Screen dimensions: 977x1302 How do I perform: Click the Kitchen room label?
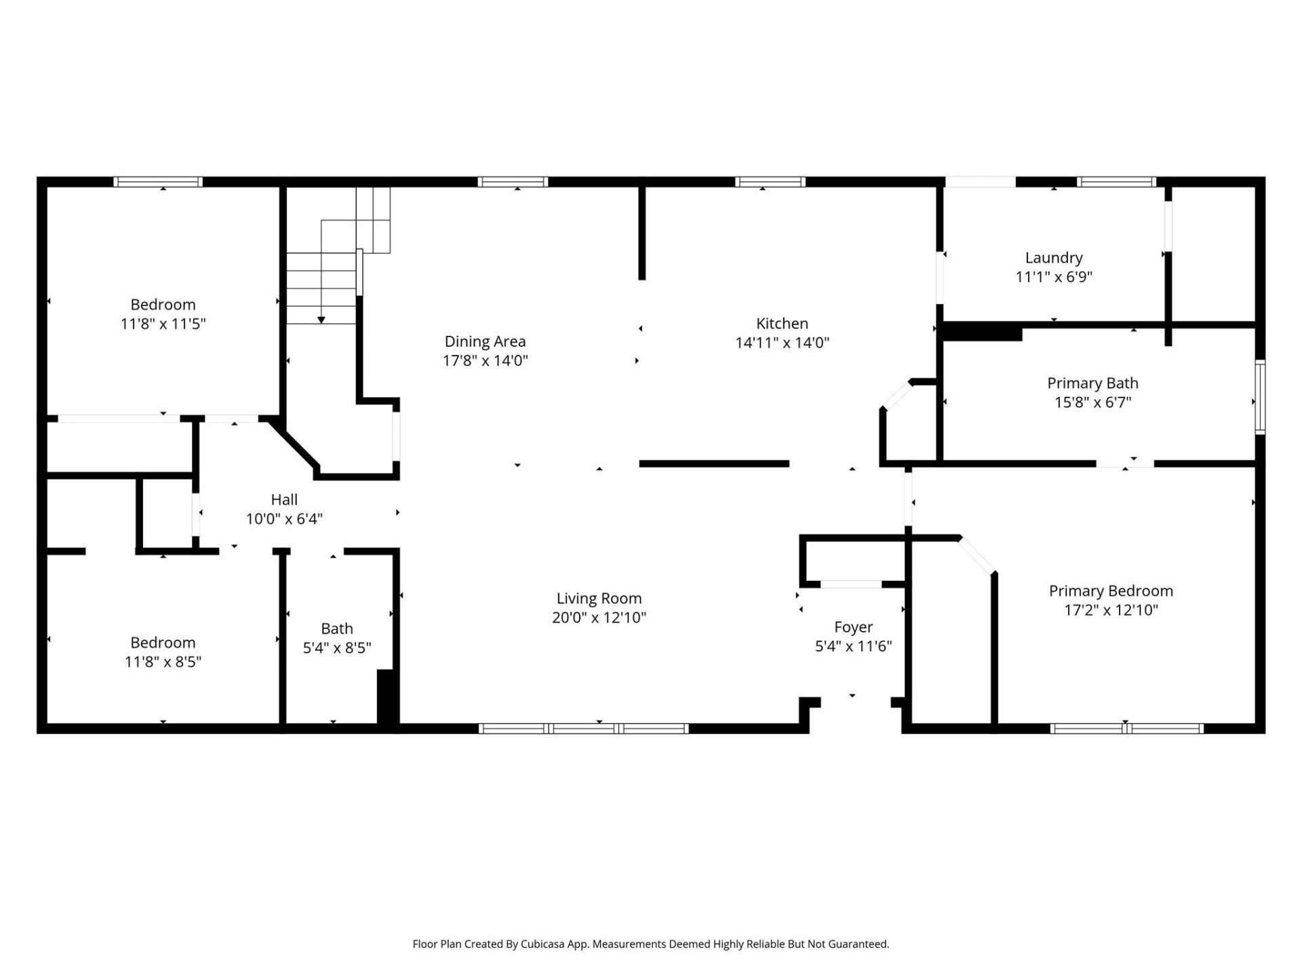click(x=782, y=324)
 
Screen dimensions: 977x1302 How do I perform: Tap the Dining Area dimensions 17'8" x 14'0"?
click(x=485, y=361)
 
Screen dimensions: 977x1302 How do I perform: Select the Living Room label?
click(x=599, y=598)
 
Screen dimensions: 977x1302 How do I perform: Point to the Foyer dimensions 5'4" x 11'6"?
click(x=853, y=647)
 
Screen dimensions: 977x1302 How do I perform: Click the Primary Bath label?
click(x=1092, y=383)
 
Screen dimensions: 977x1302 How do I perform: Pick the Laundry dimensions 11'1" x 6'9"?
click(x=1053, y=277)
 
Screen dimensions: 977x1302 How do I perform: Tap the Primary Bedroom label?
click(x=1110, y=591)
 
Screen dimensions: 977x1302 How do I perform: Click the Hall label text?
click(x=284, y=500)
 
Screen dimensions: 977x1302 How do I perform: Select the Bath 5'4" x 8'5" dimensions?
click(x=336, y=648)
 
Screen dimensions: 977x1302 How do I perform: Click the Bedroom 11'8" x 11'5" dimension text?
click(x=163, y=324)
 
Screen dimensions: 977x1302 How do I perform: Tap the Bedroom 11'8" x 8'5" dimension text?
click(x=163, y=662)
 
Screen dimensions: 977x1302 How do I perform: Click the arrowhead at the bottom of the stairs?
click(x=321, y=320)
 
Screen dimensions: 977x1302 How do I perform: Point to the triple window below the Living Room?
click(x=584, y=729)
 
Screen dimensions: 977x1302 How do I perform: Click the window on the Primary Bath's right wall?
click(x=1259, y=397)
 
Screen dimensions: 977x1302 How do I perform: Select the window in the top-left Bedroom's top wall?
click(x=158, y=182)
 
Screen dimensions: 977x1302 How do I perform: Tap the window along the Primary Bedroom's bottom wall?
click(x=1126, y=729)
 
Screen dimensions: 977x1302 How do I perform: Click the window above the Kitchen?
click(x=770, y=182)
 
